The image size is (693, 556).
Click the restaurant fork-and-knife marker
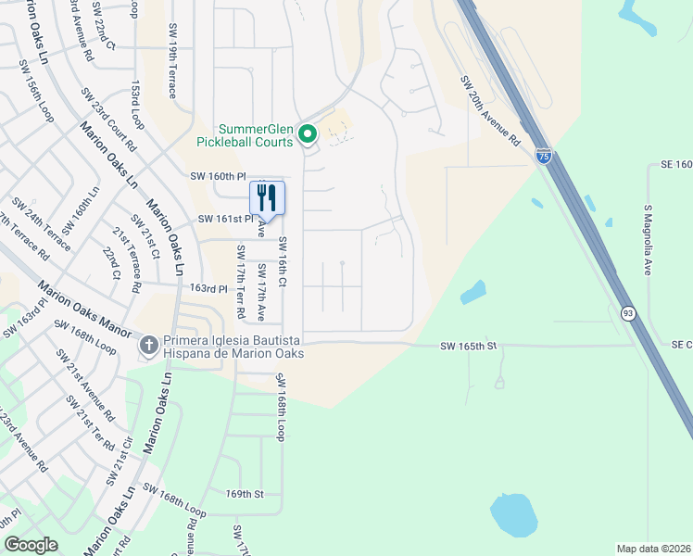[x=267, y=196]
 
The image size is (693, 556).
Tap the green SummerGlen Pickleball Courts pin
[x=308, y=135]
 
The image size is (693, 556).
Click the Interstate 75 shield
[x=543, y=157]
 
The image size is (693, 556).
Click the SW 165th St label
[x=469, y=346]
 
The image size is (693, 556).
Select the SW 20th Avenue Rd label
[x=491, y=110]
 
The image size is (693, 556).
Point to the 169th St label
[x=245, y=494]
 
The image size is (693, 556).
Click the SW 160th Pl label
[x=218, y=176]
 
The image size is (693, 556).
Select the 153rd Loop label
[x=137, y=104]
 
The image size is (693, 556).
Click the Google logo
[x=31, y=545]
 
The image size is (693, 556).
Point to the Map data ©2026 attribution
[x=653, y=549]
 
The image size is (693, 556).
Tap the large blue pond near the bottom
[x=514, y=515]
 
